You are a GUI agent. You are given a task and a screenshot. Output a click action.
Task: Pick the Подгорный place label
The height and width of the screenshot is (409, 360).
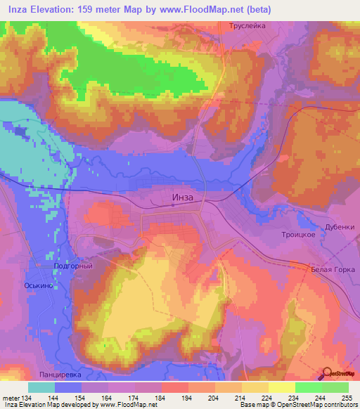click(73, 266)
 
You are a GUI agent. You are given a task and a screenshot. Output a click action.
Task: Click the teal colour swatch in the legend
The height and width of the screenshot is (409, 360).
click(41, 387)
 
